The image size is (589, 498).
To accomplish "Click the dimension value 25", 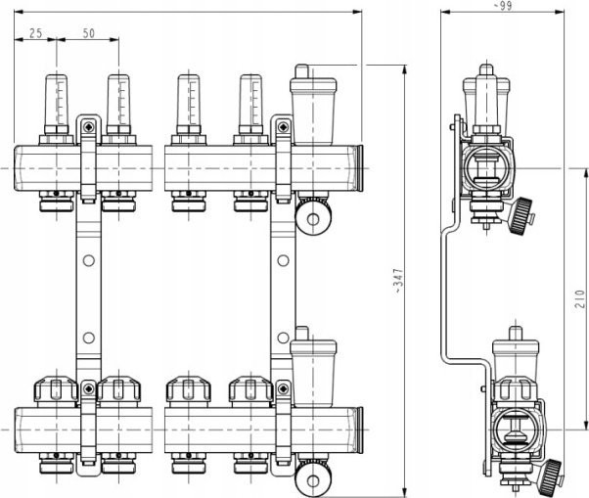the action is [35, 33].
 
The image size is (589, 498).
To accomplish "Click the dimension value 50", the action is [89, 33].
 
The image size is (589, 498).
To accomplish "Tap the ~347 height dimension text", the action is [398, 281].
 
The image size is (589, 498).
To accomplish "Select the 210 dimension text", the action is [579, 299].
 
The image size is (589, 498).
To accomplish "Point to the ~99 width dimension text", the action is [503, 5].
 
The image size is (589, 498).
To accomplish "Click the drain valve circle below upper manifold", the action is [313, 218].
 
